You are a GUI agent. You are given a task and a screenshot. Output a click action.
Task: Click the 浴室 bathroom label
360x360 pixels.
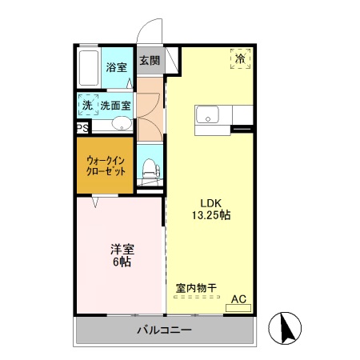pyautogui.click(x=117, y=67)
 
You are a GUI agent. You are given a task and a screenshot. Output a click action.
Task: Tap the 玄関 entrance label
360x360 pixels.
pyautogui.click(x=149, y=61)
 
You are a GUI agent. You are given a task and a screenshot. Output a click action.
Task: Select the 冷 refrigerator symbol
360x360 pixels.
pyautogui.click(x=240, y=58)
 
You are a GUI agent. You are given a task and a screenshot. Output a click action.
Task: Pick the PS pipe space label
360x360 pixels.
pyautogui.click(x=82, y=128)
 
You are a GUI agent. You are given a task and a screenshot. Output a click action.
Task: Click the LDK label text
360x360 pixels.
pyautogui.click(x=210, y=202)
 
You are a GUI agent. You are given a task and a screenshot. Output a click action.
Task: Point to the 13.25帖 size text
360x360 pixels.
pyautogui.click(x=210, y=216)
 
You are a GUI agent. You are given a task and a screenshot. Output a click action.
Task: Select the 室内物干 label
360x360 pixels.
pyautogui.click(x=196, y=286)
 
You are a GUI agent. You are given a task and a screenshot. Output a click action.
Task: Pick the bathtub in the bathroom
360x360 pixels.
pyautogui.click(x=90, y=68)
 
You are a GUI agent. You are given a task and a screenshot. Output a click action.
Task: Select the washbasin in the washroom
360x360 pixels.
pyautogui.click(x=121, y=123)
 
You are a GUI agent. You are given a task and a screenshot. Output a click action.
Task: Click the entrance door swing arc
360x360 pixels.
pyautogui.click(x=146, y=30)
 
